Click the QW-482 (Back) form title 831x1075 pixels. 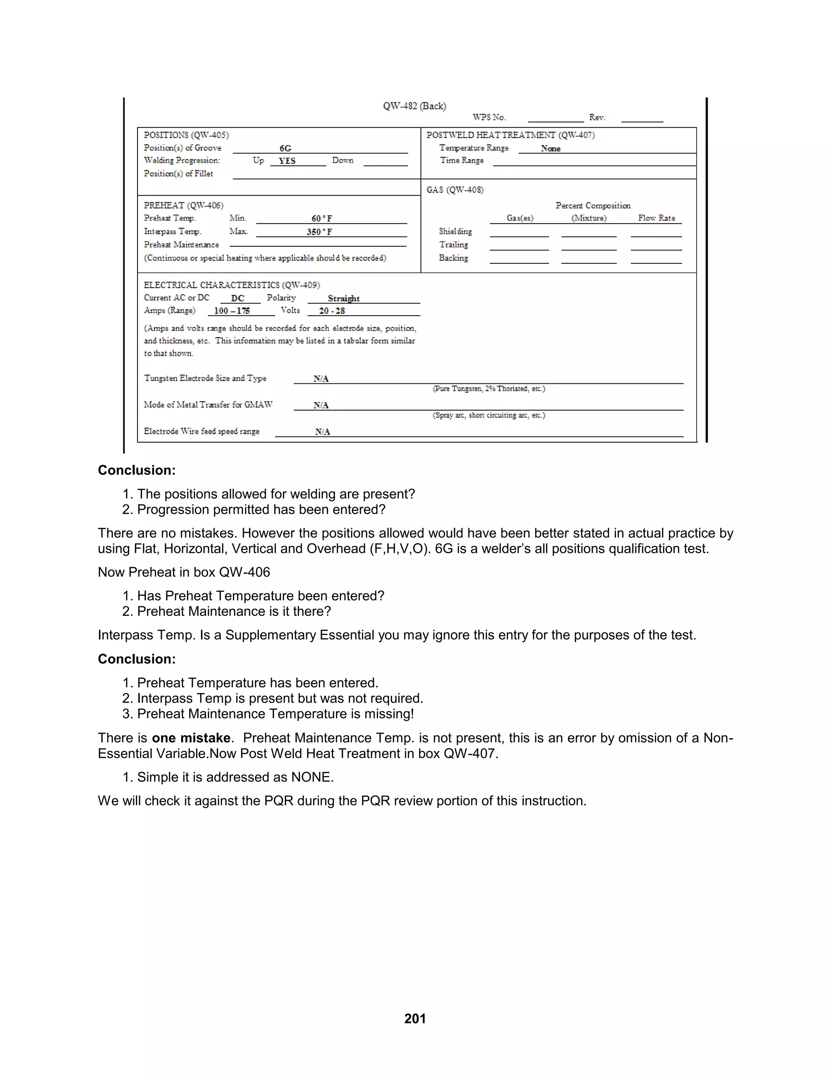[415, 106]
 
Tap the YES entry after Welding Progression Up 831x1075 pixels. [287, 161]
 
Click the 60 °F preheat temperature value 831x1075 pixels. [321, 219]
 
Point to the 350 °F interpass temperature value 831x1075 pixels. [319, 232]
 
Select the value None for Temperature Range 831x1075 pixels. [550, 148]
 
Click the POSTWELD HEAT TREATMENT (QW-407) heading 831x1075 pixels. [510, 135]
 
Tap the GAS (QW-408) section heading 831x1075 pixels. [455, 190]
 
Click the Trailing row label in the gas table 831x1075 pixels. [453, 245]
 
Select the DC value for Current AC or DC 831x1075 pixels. [238, 298]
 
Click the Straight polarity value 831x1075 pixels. [344, 298]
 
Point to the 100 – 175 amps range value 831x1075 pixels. [232, 311]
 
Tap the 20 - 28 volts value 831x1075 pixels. [332, 311]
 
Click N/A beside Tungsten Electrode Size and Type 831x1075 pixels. [321, 378]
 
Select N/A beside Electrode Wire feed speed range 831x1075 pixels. [323, 432]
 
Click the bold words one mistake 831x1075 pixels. [191, 738]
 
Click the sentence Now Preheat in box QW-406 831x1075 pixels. [184, 572]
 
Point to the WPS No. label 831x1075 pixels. [489, 117]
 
